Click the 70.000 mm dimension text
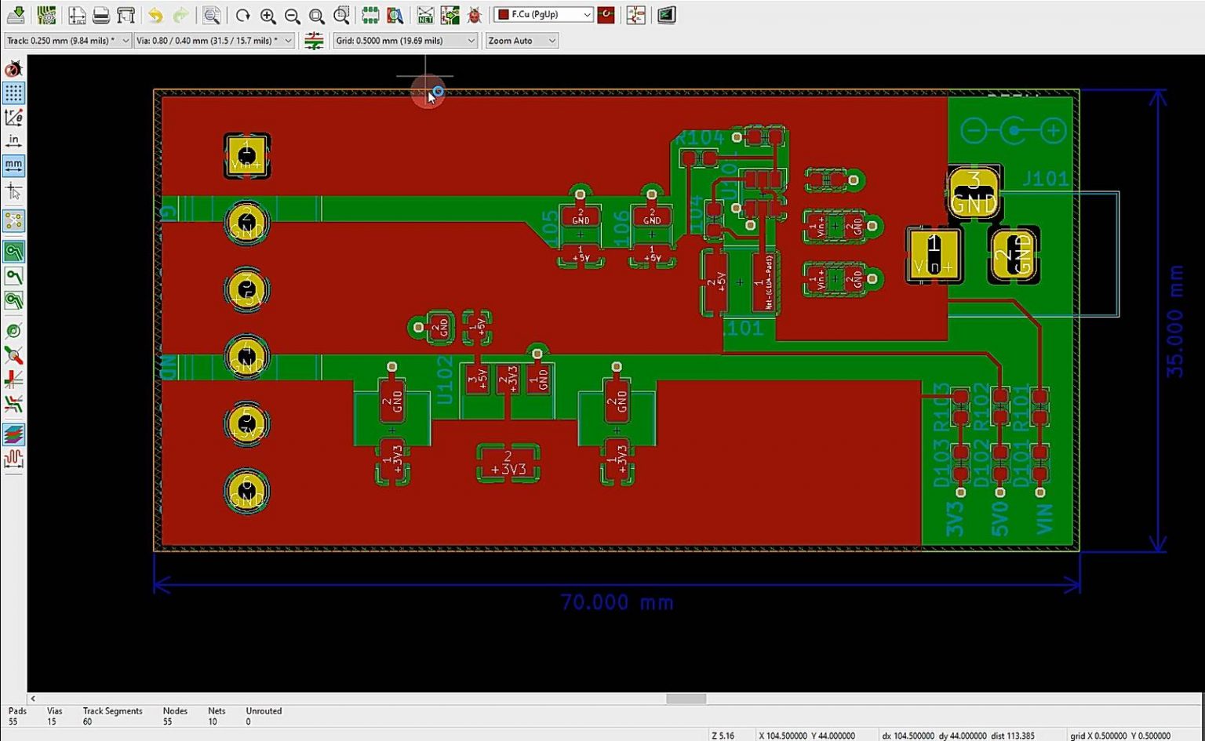click(x=617, y=602)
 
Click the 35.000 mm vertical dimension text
click(x=1174, y=321)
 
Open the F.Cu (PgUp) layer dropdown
click(x=543, y=15)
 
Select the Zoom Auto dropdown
click(x=521, y=41)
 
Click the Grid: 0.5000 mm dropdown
click(x=405, y=41)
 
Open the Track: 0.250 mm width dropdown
click(x=67, y=41)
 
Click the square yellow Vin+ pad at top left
click(x=247, y=155)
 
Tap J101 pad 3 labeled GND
click(x=974, y=192)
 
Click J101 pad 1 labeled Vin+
click(x=933, y=255)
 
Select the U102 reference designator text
click(x=445, y=380)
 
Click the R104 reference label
click(x=699, y=138)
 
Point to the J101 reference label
click(x=1045, y=179)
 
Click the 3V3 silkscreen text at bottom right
click(x=954, y=519)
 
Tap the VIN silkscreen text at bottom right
click(x=1044, y=519)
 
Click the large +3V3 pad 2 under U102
click(x=508, y=463)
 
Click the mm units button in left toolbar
click(x=13, y=165)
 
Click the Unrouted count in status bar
click(x=263, y=716)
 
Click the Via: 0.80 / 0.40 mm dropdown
click(x=213, y=41)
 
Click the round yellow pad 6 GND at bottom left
click(x=247, y=491)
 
